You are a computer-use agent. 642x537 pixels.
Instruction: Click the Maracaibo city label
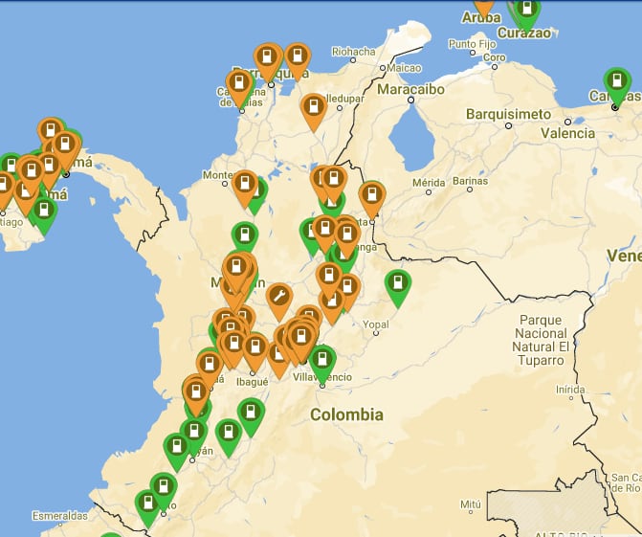point(411,89)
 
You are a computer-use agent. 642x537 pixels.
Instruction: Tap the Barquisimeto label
point(508,114)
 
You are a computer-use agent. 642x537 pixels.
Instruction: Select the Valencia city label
point(567,133)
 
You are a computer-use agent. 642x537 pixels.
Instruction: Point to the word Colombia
point(346,414)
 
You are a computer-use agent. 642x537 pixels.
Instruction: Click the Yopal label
point(376,324)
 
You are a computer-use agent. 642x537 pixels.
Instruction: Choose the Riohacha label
point(353,52)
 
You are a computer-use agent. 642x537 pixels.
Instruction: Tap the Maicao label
point(404,68)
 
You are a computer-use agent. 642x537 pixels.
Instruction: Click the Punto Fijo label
point(474,44)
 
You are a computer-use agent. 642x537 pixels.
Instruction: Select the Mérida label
point(429,181)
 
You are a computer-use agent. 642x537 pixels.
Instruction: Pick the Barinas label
point(470,181)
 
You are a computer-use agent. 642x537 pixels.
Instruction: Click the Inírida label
point(569,390)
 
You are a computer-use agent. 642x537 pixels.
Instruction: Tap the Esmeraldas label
point(59,516)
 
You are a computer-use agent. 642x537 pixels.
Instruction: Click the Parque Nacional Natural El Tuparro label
point(541,340)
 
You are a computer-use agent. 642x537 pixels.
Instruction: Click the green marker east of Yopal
point(397,284)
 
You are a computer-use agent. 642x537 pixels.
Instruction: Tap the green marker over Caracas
point(617,82)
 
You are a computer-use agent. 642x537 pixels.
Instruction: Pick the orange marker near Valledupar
point(312,107)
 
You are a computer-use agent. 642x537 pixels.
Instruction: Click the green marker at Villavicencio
point(322,361)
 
